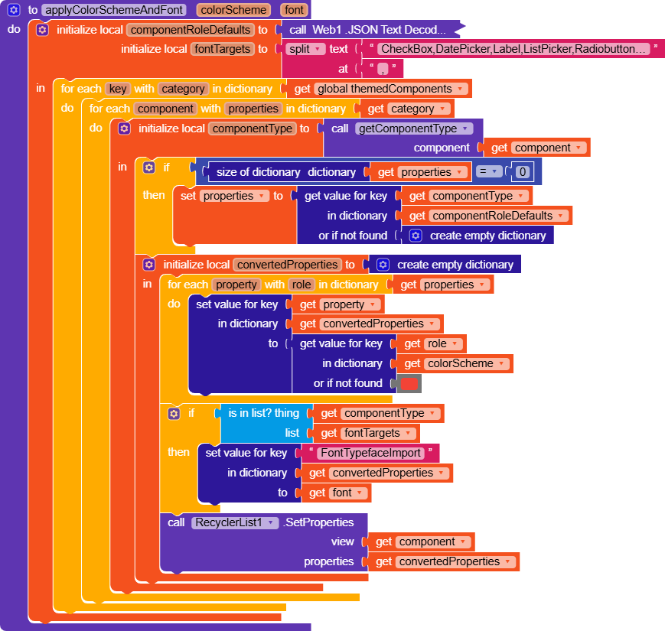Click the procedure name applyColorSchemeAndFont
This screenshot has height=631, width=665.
(114, 10)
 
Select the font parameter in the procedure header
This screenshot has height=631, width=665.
(294, 10)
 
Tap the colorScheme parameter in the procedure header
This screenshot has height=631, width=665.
(233, 10)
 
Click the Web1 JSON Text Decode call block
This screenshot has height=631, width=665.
(368, 30)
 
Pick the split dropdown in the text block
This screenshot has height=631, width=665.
(305, 49)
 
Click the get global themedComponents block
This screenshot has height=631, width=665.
(380, 89)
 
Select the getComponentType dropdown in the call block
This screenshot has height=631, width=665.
(413, 128)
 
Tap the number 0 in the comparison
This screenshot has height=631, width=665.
(523, 171)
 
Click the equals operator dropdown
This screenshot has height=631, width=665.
(488, 171)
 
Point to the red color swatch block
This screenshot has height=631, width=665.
(409, 383)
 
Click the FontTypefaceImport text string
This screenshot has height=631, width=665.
(370, 453)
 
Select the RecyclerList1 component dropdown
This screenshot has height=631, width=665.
(234, 522)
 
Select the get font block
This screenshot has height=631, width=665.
(336, 493)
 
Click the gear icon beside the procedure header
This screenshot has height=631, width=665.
(14, 10)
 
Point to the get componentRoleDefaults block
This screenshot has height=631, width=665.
(487, 216)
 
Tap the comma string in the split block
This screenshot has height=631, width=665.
(383, 69)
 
